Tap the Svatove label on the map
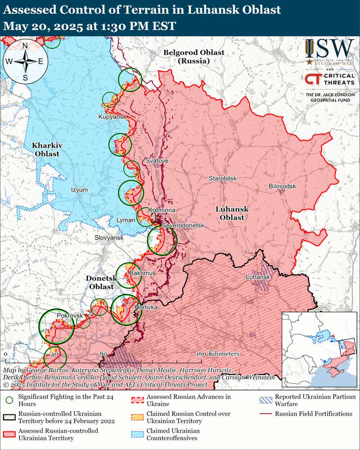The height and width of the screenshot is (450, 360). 157,161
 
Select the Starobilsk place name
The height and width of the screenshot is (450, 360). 222,179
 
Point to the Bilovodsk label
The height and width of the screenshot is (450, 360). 282,186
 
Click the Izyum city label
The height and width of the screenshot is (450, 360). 80,190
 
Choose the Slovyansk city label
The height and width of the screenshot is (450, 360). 108,237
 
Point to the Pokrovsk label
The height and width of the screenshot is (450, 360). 68,316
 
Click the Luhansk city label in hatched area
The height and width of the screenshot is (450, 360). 257,277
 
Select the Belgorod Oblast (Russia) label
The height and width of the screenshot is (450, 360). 193,56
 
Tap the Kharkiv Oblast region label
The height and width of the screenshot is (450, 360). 45,149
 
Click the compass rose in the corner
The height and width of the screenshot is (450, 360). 26,61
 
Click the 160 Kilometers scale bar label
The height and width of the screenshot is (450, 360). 217,354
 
